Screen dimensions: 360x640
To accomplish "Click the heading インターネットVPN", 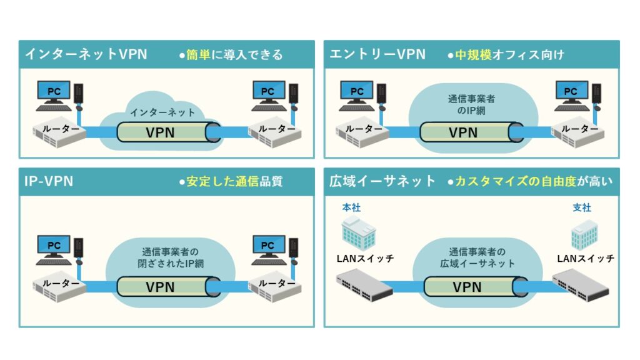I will pos(86,54).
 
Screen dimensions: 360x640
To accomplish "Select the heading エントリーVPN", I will pos(377,54).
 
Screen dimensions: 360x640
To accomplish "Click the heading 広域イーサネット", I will pos(382,181).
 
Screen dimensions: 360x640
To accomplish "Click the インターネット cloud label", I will pos(162,112).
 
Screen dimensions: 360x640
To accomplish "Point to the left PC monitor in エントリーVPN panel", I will pos(357,92).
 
